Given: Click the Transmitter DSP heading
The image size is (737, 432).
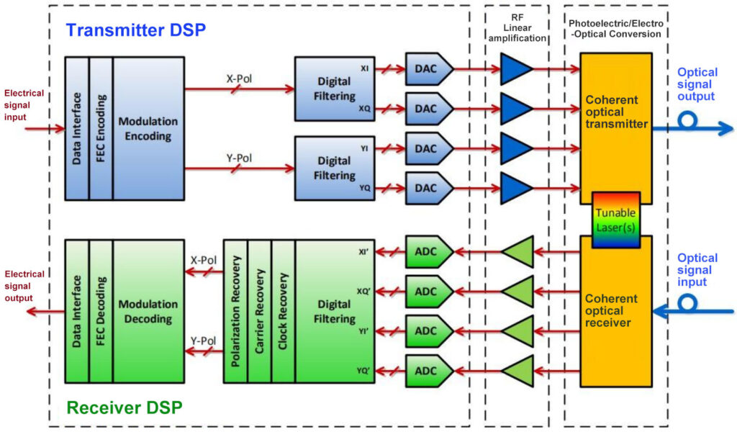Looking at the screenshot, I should coord(135,30).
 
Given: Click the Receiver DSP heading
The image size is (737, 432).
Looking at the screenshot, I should coord(124,408).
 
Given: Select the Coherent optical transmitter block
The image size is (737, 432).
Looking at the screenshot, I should coord(616,112).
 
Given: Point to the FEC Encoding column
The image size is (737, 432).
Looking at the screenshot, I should coord(101,127).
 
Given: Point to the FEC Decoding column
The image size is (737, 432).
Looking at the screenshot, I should coord(101,312).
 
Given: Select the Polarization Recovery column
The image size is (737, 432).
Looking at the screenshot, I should coord(235,312).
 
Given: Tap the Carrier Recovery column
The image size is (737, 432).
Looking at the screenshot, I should coord(259,312).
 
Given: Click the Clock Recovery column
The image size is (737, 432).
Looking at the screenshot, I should coord(283,312).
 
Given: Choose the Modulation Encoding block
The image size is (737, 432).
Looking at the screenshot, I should coord(148,127).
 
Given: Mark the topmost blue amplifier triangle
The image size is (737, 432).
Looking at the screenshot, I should coord(515,68).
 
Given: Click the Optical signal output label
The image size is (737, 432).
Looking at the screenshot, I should coord(697,84).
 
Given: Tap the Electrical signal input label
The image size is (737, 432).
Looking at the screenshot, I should coord(24,104).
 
